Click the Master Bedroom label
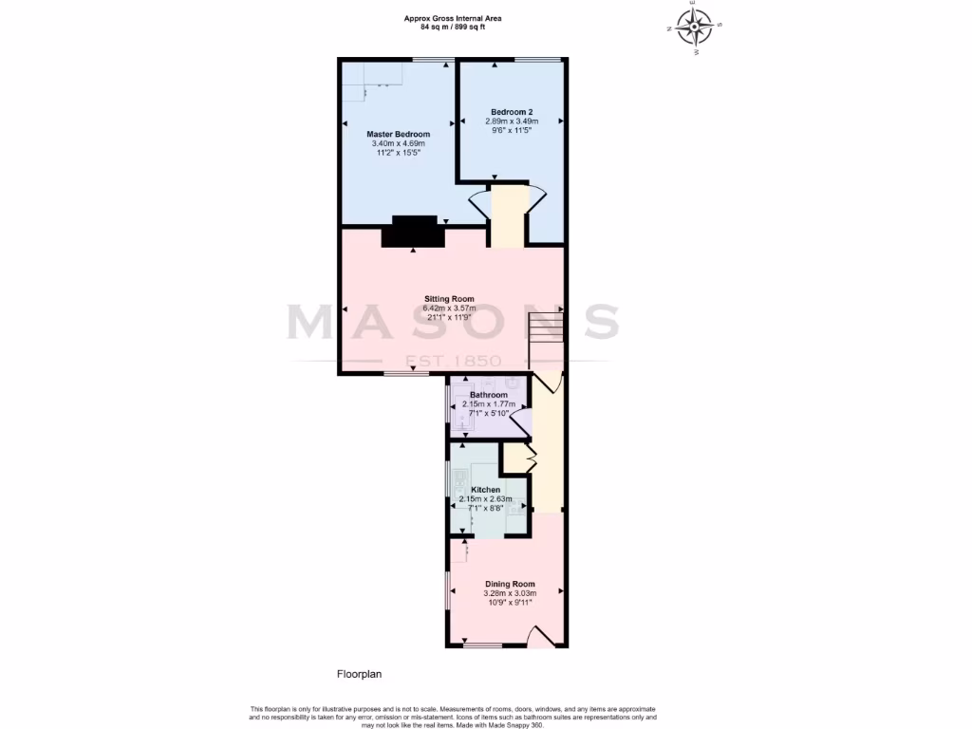pyautogui.click(x=398, y=135)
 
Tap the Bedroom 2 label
pyautogui.click(x=512, y=112)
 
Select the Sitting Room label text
pyautogui.click(x=449, y=299)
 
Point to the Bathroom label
pyautogui.click(x=488, y=395)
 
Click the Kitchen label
pyautogui.click(x=485, y=490)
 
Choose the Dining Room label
pyautogui.click(x=510, y=584)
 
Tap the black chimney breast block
pyautogui.click(x=413, y=232)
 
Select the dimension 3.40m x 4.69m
pyautogui.click(x=398, y=144)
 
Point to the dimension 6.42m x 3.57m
pyautogui.click(x=449, y=308)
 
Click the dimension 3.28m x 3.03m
pyautogui.click(x=510, y=593)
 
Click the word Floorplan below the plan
pyautogui.click(x=359, y=674)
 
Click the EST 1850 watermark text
pyautogui.click(x=454, y=361)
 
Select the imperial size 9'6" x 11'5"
pyautogui.click(x=512, y=130)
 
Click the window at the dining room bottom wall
pyautogui.click(x=482, y=646)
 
